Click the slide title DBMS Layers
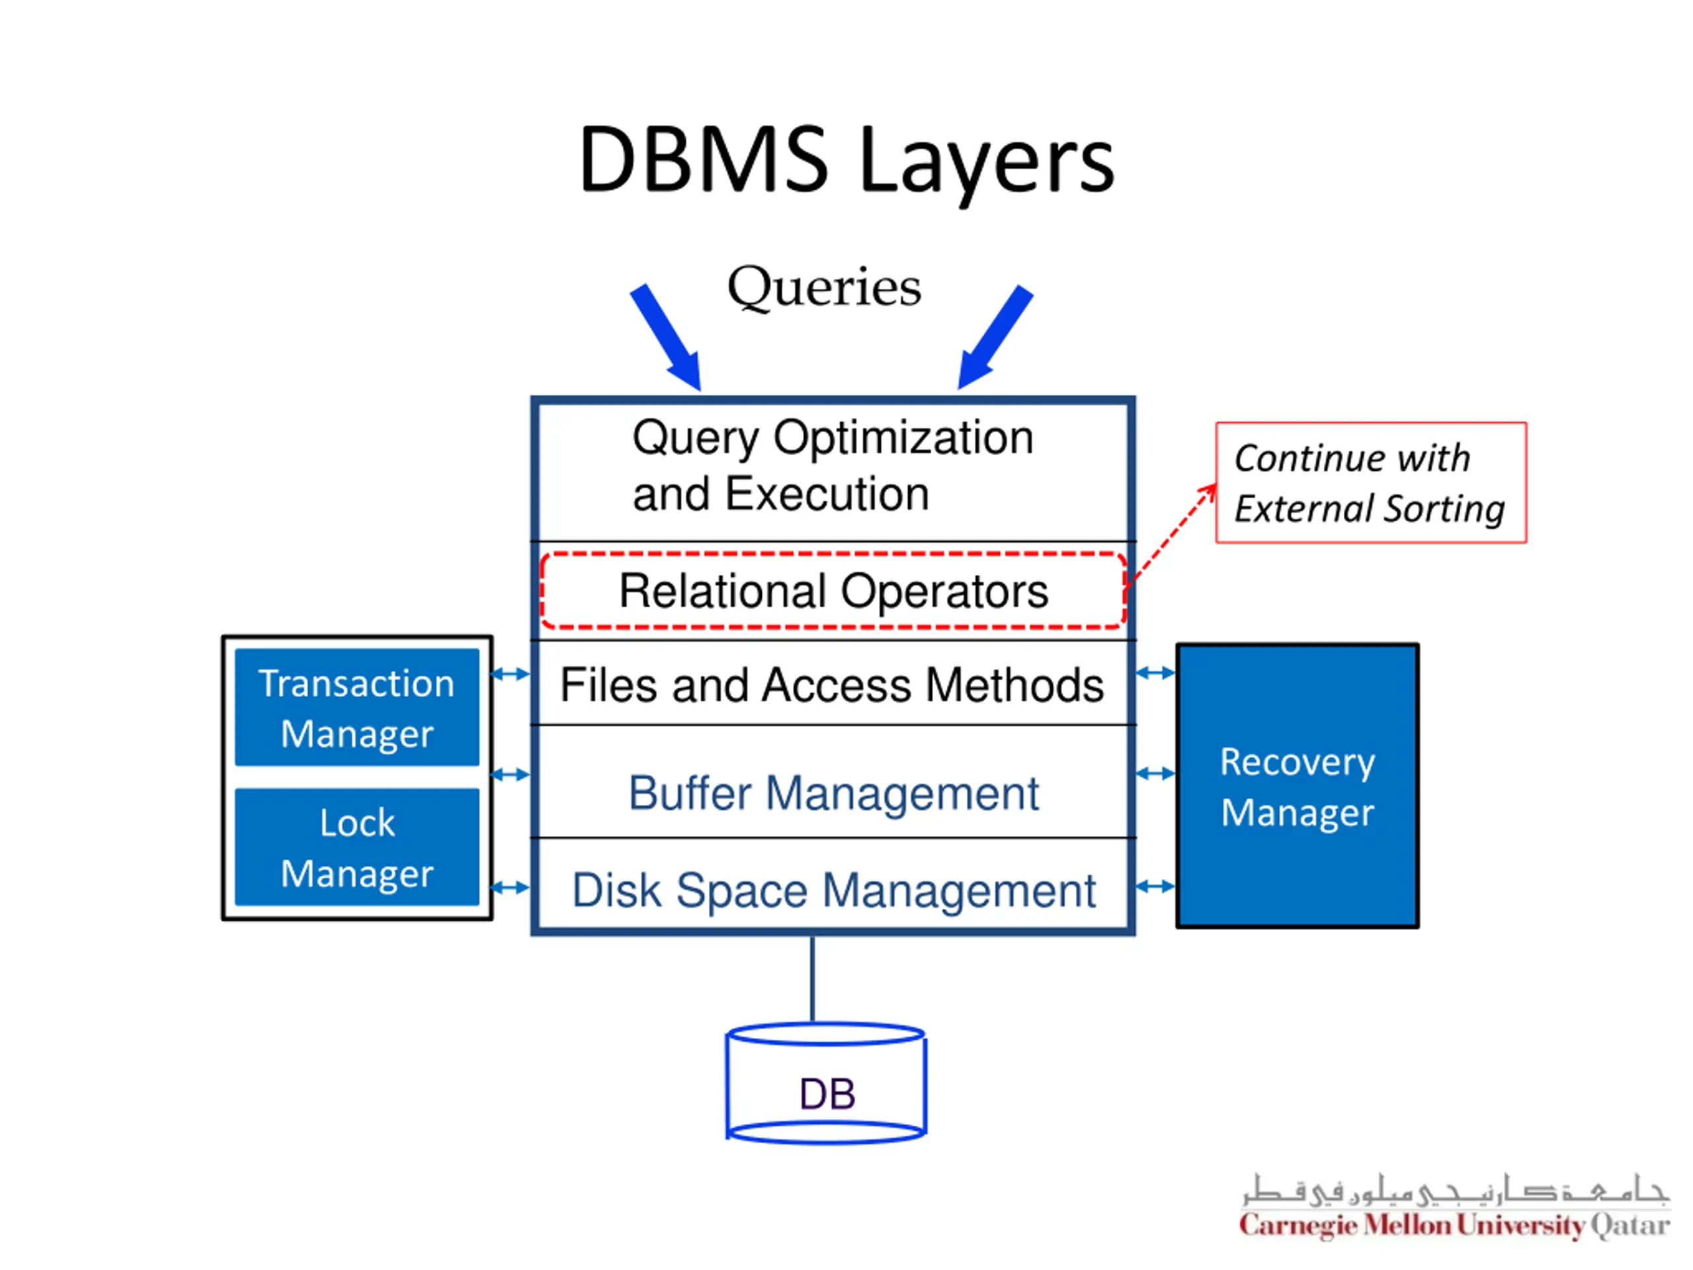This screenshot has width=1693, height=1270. click(x=846, y=161)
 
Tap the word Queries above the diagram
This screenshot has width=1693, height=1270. click(x=824, y=288)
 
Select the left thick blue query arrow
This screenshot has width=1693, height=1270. click(x=667, y=337)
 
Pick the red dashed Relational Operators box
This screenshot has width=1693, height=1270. click(x=833, y=590)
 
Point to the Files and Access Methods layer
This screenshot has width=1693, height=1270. click(x=833, y=683)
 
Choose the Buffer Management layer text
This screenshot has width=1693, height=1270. click(x=833, y=793)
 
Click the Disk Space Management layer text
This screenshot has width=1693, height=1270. click(x=833, y=891)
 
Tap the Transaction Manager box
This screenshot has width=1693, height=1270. click(x=356, y=707)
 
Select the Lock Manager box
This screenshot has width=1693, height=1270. click(x=356, y=847)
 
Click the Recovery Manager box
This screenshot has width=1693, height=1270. click(x=1298, y=786)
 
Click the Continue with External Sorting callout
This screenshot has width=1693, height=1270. click(x=1371, y=482)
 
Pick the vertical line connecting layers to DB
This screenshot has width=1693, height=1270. click(x=812, y=979)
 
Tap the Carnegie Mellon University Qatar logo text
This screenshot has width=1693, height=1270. click(x=1454, y=1226)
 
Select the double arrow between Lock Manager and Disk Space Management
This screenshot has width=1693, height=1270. click(x=510, y=888)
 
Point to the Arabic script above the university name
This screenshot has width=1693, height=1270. click(x=1454, y=1189)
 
